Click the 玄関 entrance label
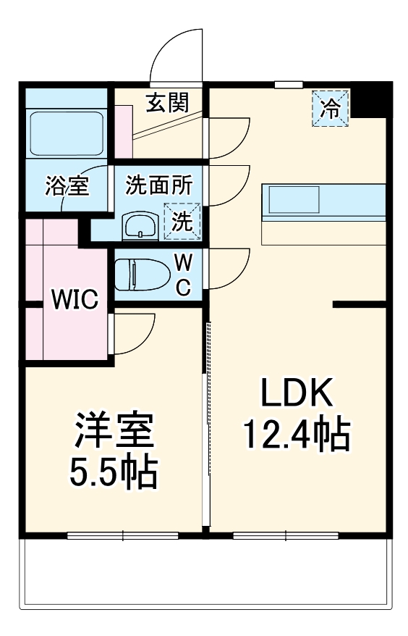pyautogui.click(x=167, y=103)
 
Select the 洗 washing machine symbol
pyautogui.click(x=182, y=222)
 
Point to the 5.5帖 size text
pyautogui.click(x=114, y=472)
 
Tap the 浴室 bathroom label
pyautogui.click(x=67, y=186)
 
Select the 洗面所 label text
pyautogui.click(x=159, y=185)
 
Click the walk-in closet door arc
pyautogui.click(x=137, y=334)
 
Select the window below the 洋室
pyautogui.click(x=122, y=536)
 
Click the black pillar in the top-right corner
pyautogui.click(x=375, y=99)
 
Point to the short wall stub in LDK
pyautogui.click(x=359, y=304)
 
